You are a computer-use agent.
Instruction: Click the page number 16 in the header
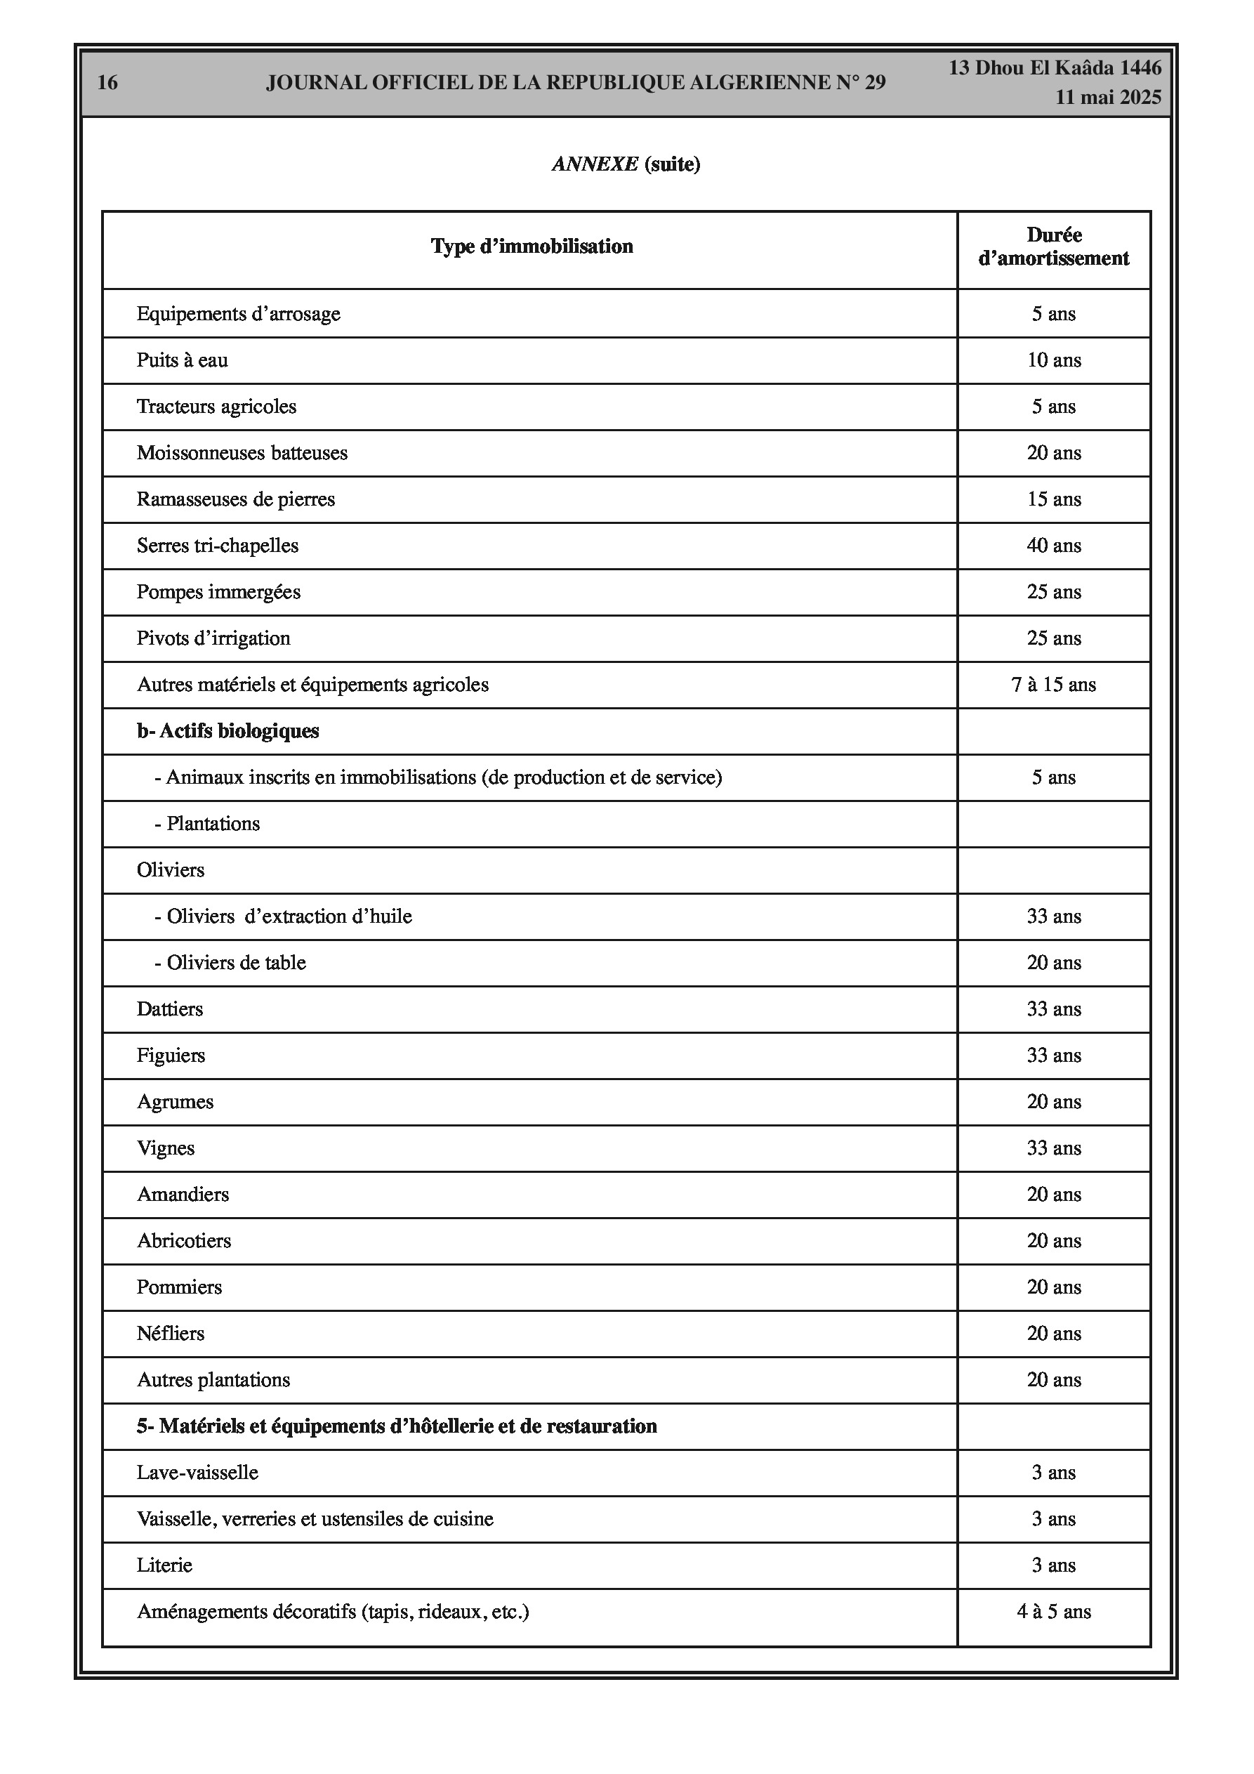[x=107, y=83]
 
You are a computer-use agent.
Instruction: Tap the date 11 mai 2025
[x=1108, y=98]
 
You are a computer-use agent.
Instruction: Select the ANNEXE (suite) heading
[x=626, y=164]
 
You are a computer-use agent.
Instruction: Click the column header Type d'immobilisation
[x=532, y=247]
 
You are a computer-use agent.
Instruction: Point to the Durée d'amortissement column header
[x=1053, y=247]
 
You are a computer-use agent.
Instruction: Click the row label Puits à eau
[x=183, y=360]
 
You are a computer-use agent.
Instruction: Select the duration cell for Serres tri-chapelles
[x=1053, y=546]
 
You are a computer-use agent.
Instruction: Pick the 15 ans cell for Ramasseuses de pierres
[x=1053, y=499]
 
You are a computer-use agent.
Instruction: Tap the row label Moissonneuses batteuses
[x=242, y=453]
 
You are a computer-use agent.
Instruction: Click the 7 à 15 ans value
[x=1053, y=685]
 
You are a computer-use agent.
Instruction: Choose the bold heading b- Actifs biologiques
[x=228, y=731]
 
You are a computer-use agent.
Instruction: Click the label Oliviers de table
[x=230, y=963]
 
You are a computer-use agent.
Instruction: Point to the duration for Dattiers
[x=1053, y=1009]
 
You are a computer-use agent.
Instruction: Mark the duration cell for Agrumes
[x=1053, y=1102]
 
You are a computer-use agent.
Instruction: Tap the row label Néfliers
[x=171, y=1334]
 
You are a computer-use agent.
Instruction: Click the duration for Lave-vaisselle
[x=1053, y=1473]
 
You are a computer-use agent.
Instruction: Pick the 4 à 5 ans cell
[x=1053, y=1612]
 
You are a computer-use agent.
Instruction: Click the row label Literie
[x=164, y=1565]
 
